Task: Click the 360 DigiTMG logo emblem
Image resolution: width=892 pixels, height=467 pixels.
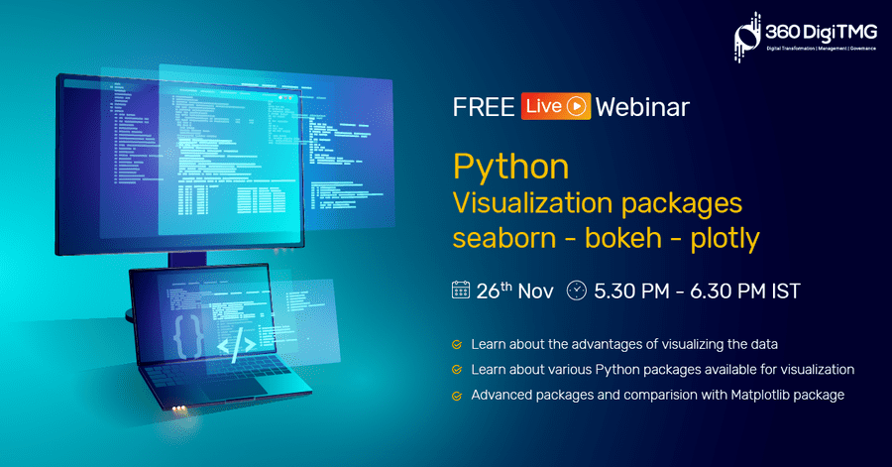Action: click(747, 37)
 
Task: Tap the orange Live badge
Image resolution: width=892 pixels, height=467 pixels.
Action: click(556, 106)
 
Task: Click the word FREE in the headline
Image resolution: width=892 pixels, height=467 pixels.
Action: click(484, 107)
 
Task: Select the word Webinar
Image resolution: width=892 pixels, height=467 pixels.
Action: click(642, 107)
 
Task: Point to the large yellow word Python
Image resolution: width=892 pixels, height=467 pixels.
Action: click(510, 168)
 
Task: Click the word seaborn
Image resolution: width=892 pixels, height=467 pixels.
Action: click(504, 238)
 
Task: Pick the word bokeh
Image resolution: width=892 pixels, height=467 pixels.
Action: click(623, 237)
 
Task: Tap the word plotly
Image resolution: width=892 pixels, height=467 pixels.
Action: click(725, 239)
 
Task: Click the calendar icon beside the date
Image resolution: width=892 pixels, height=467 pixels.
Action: click(461, 291)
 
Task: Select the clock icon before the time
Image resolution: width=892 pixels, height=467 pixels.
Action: click(576, 291)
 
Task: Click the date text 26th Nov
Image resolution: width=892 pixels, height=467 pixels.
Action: click(514, 291)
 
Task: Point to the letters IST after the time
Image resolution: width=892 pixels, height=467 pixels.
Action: click(786, 292)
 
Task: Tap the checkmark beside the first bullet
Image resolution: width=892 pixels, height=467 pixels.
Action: click(457, 345)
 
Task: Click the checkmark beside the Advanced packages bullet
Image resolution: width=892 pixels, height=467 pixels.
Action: click(457, 396)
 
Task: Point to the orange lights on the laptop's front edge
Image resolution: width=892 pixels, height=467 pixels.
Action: click(178, 409)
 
